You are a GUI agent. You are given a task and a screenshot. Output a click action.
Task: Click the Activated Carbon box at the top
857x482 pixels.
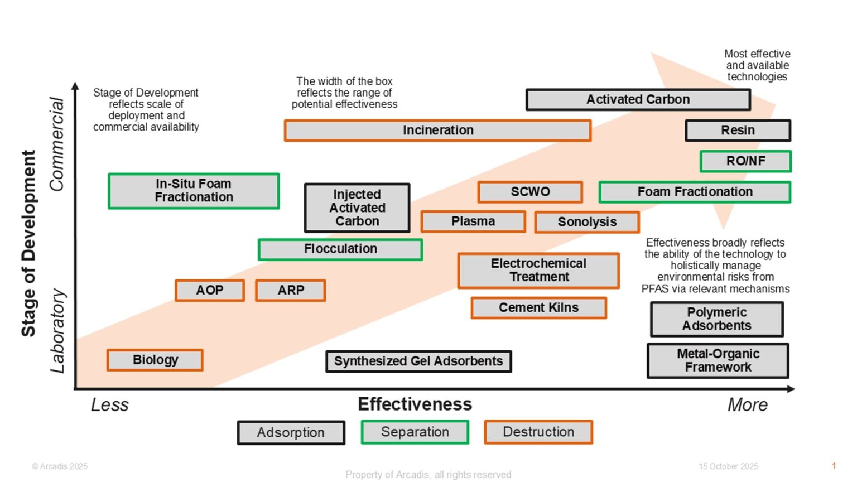pyautogui.click(x=638, y=100)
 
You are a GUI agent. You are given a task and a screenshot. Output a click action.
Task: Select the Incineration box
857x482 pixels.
pyautogui.click(x=437, y=131)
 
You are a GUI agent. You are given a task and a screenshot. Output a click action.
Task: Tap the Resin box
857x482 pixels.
pyautogui.click(x=738, y=131)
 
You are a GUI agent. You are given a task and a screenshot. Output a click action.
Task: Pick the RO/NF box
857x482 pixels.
pyautogui.click(x=745, y=161)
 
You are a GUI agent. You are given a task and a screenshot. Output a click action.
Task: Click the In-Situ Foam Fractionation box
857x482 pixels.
pyautogui.click(x=194, y=191)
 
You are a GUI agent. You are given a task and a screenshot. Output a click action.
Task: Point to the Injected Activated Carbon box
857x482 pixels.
pyautogui.click(x=357, y=208)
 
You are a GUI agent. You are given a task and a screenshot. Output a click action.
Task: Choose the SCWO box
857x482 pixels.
pyautogui.click(x=530, y=192)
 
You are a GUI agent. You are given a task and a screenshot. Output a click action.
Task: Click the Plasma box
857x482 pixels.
pyautogui.click(x=473, y=221)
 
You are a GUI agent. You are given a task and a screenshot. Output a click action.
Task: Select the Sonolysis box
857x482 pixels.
pyautogui.click(x=587, y=222)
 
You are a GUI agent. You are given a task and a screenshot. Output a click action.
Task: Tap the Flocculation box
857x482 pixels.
pyautogui.click(x=340, y=249)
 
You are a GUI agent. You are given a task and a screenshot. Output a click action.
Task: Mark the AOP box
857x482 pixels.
pyautogui.click(x=210, y=291)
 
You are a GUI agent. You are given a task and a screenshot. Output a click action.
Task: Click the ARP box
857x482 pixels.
pyautogui.click(x=291, y=291)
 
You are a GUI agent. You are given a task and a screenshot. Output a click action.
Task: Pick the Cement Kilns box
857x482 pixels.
pyautogui.click(x=538, y=308)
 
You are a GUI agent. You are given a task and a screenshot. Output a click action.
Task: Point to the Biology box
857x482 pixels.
pyautogui.click(x=155, y=360)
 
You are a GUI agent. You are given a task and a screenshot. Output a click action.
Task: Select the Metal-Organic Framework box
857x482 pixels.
pyautogui.click(x=718, y=361)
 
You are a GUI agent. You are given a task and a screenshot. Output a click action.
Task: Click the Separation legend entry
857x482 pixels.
pyautogui.click(x=415, y=432)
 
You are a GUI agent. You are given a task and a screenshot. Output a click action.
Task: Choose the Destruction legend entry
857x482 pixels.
pyautogui.click(x=538, y=432)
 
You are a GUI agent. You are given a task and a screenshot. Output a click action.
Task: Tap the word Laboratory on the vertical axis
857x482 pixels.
pyautogui.click(x=58, y=331)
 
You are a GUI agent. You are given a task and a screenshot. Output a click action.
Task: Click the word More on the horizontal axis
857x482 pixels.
pyautogui.click(x=747, y=405)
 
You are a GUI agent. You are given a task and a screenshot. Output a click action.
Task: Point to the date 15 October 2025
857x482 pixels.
pyautogui.click(x=728, y=466)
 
